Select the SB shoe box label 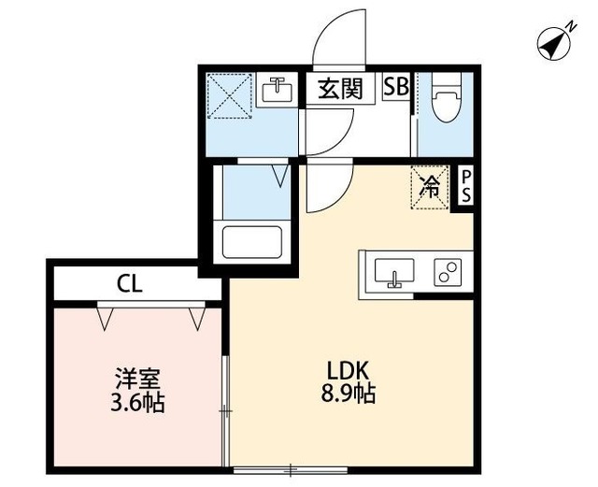pyautogui.click(x=396, y=88)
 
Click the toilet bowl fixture pyautogui.click(x=445, y=101)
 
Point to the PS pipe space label pyautogui.click(x=464, y=186)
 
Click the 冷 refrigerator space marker pyautogui.click(x=431, y=185)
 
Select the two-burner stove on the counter pyautogui.click(x=447, y=273)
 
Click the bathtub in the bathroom pyautogui.click(x=252, y=242)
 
